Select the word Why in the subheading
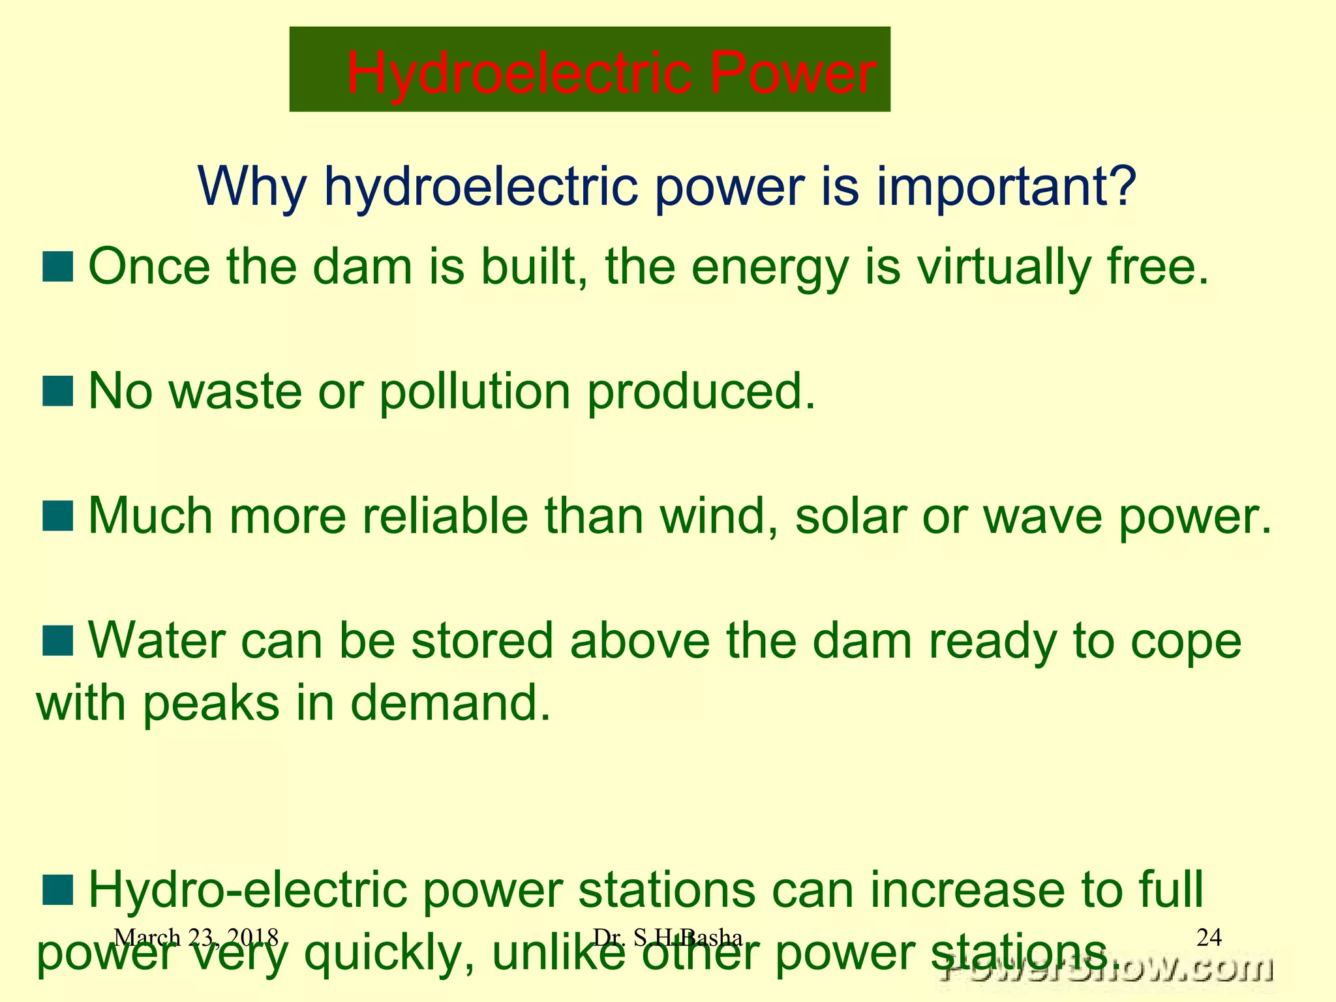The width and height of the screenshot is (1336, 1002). pos(252,187)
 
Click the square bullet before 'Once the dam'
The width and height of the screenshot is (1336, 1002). pos(57,267)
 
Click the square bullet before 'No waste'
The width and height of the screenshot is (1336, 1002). pos(57,391)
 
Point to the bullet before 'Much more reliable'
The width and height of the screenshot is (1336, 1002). pos(57,515)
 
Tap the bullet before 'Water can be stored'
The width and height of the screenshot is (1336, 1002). pos(57,640)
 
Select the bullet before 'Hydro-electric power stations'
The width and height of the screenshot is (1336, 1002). pos(57,890)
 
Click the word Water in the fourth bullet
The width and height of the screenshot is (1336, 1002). pos(157,641)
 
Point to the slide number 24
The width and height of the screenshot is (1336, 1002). pos(1209,937)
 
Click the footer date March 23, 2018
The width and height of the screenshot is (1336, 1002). pos(196,938)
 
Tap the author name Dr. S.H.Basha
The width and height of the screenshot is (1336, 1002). pos(667,938)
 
